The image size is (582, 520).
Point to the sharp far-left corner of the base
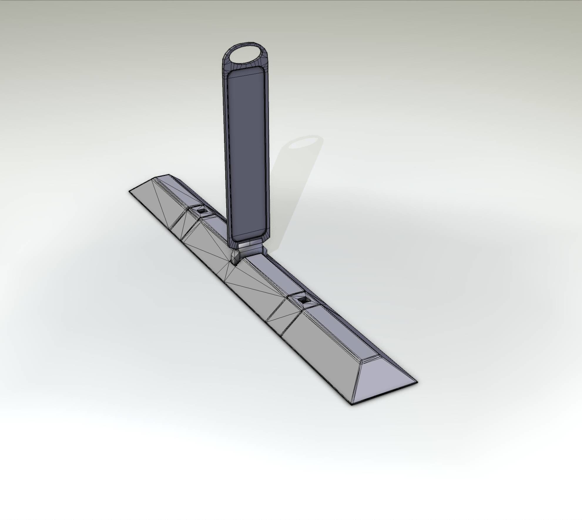pos(130,191)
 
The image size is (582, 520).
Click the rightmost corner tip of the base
pos(417,382)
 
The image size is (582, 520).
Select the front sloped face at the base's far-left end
pos(153,203)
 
